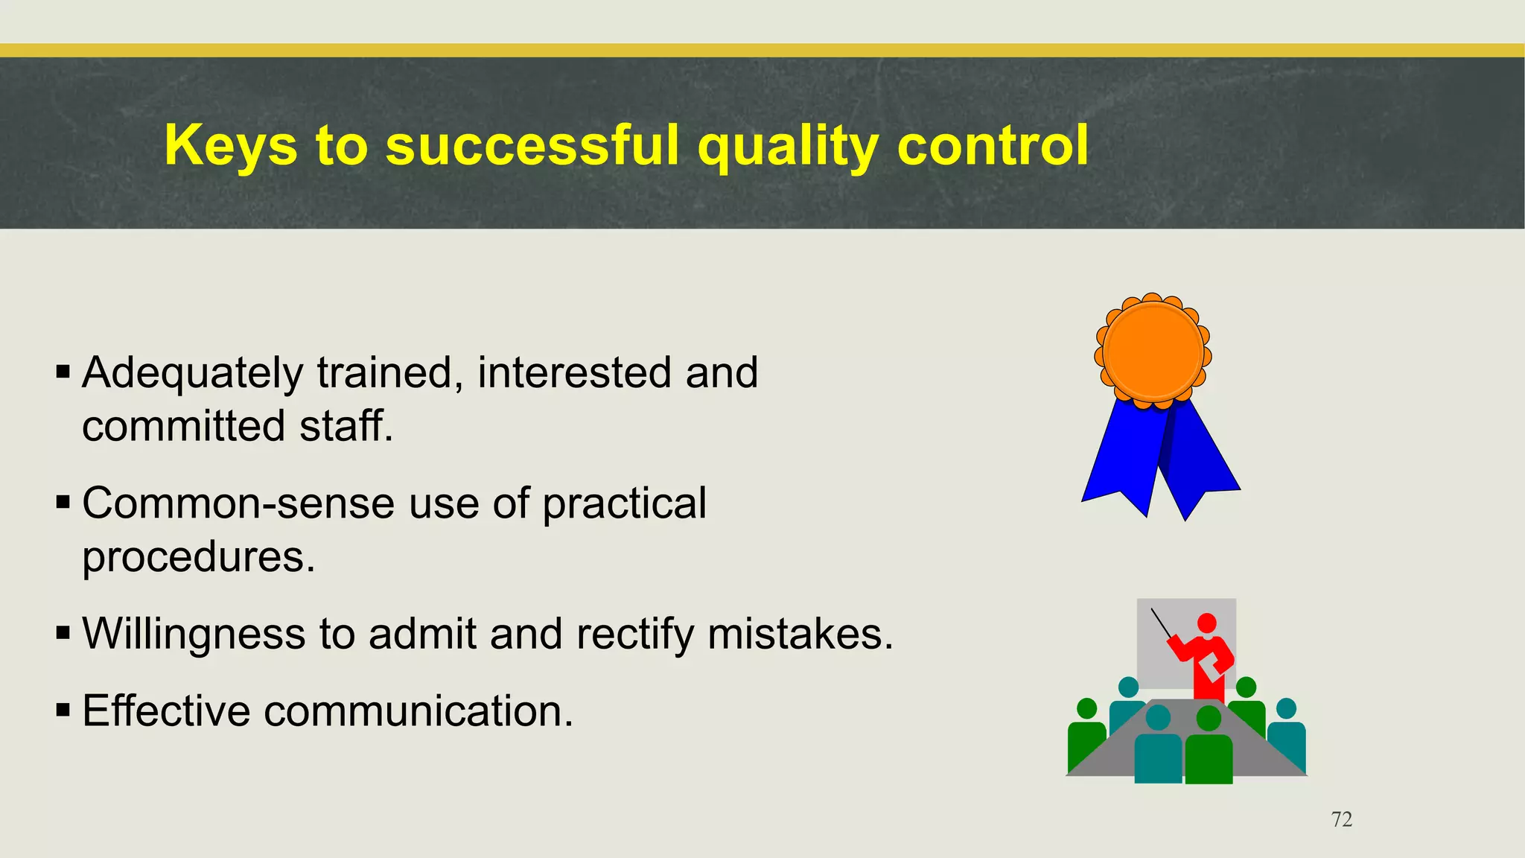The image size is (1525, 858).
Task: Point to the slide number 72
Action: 1341,819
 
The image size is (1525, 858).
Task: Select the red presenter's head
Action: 1206,623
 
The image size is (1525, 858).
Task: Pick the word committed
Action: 183,426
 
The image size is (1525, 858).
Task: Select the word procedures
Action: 198,557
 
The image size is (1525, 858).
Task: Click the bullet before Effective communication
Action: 63,710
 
